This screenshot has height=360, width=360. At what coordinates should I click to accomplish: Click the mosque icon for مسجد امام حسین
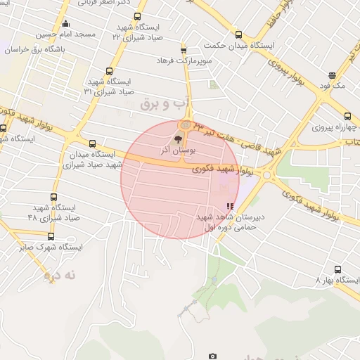[65, 23]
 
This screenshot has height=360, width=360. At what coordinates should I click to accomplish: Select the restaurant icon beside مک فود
[332, 76]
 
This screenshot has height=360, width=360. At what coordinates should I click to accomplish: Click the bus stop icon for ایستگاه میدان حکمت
[238, 35]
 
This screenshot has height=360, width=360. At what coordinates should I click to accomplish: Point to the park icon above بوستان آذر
[178, 140]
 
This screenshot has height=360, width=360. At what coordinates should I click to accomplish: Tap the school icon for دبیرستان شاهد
[230, 206]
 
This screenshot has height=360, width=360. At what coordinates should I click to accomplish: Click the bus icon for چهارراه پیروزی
[347, 117]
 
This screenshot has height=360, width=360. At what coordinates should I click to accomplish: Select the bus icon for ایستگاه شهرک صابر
[51, 236]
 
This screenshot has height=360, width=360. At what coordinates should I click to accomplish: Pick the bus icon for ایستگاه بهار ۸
[337, 269]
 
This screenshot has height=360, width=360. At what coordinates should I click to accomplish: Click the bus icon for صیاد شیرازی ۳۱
[109, 70]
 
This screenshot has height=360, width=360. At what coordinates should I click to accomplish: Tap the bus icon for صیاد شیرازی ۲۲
[136, 17]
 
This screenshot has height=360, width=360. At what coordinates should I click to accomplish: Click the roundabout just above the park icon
[184, 125]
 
